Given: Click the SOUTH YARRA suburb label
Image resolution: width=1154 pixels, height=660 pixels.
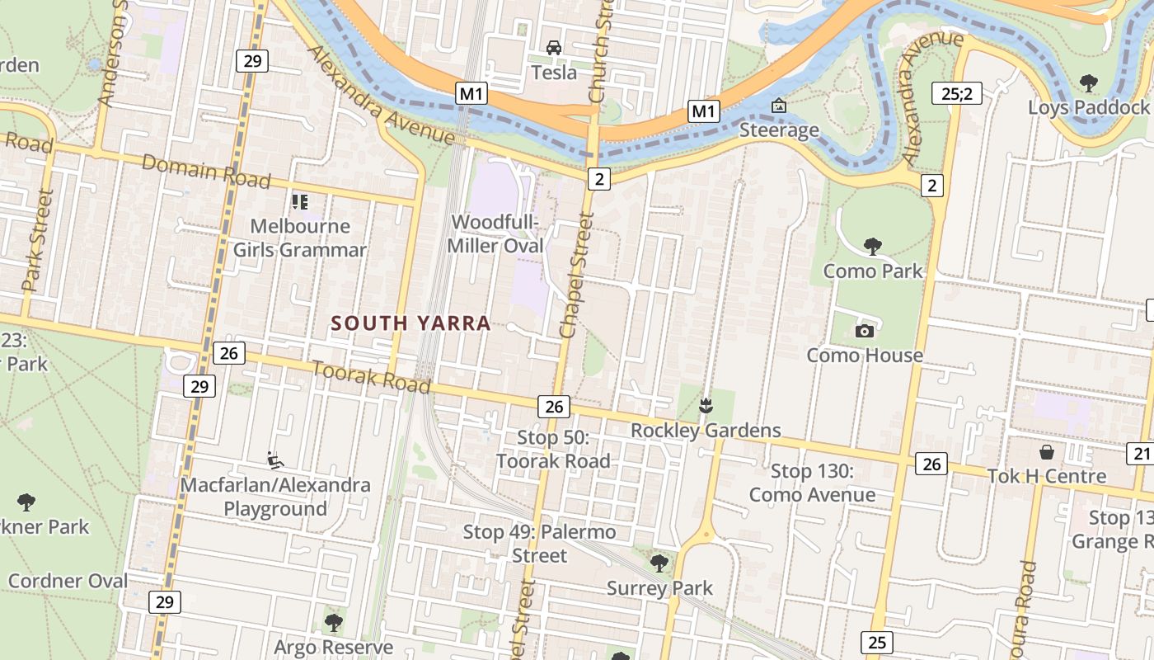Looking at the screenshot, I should [410, 323].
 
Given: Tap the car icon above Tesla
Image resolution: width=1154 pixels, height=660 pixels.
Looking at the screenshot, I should [554, 48].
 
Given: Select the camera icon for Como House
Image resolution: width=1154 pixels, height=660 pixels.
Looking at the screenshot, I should [864, 331].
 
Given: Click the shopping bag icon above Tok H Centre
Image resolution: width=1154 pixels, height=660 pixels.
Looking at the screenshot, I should [1047, 452].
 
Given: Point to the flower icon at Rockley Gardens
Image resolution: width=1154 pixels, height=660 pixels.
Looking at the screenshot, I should [706, 405].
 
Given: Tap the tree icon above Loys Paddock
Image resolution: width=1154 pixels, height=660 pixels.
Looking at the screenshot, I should [1088, 82].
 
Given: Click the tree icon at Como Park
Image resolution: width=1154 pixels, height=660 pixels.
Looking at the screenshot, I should [872, 245].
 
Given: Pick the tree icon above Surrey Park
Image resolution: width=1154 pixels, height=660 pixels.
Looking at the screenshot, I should [659, 563].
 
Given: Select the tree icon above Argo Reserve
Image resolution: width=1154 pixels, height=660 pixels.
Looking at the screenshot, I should [333, 622].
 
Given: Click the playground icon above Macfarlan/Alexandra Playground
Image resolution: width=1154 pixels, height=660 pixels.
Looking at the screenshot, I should [275, 460].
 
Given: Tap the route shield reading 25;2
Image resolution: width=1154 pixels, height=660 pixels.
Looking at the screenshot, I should [957, 93].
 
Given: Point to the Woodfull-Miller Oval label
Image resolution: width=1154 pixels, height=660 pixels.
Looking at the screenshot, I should [495, 233].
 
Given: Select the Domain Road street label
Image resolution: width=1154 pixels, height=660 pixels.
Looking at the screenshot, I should [206, 170].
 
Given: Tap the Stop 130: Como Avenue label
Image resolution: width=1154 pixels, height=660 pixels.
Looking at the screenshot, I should [812, 483].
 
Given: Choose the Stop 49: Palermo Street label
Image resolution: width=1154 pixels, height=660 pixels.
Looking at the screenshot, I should [539, 543].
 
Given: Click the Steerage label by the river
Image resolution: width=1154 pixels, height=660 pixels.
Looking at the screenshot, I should [779, 130].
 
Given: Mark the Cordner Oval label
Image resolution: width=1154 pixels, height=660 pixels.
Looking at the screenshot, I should [68, 581].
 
